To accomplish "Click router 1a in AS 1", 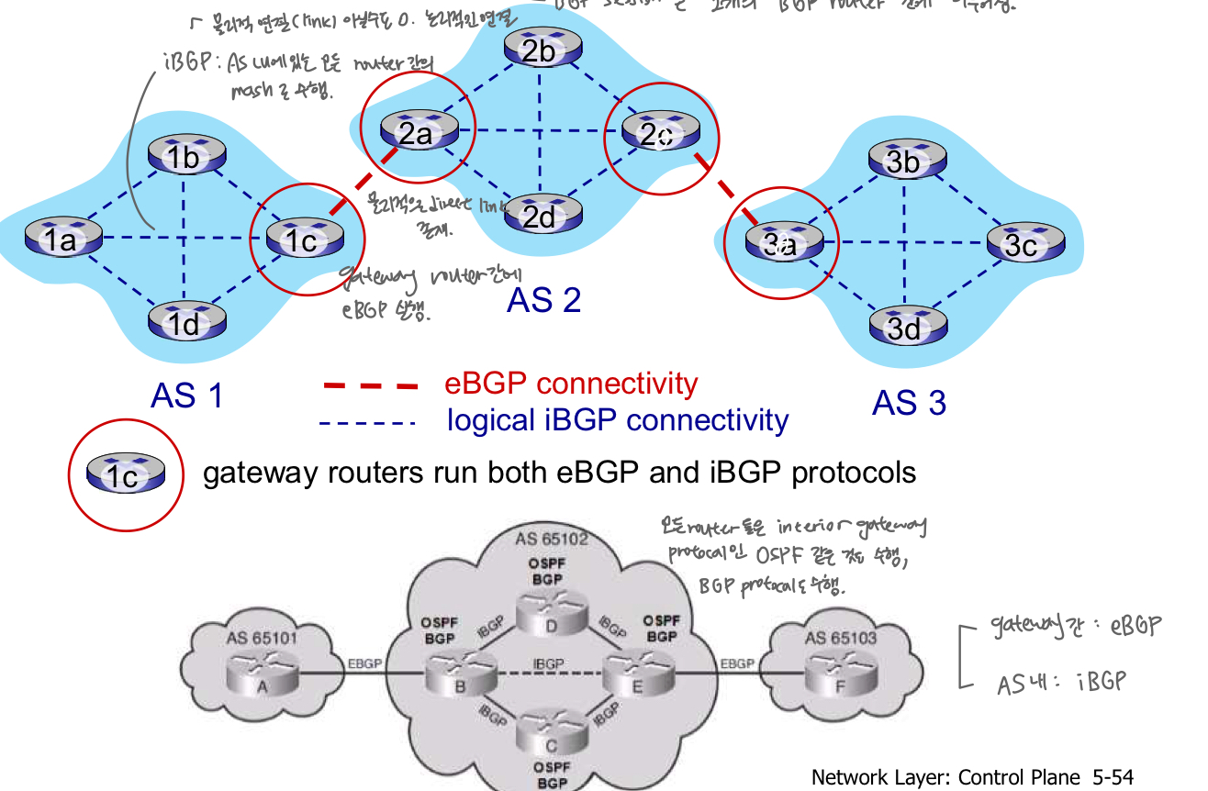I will pos(62,238).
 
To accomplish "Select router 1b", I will pos(185,157).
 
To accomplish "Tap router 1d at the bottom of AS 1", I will pos(185,321).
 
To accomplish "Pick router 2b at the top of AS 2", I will pos(539,50).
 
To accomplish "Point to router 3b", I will pos(904,161).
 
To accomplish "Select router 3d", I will pos(904,326).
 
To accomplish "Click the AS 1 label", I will pos(187,395).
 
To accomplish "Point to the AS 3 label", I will pos(909,403).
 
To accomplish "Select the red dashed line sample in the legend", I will pos(372,386).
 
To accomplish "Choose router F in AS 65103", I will pos(840,674).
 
